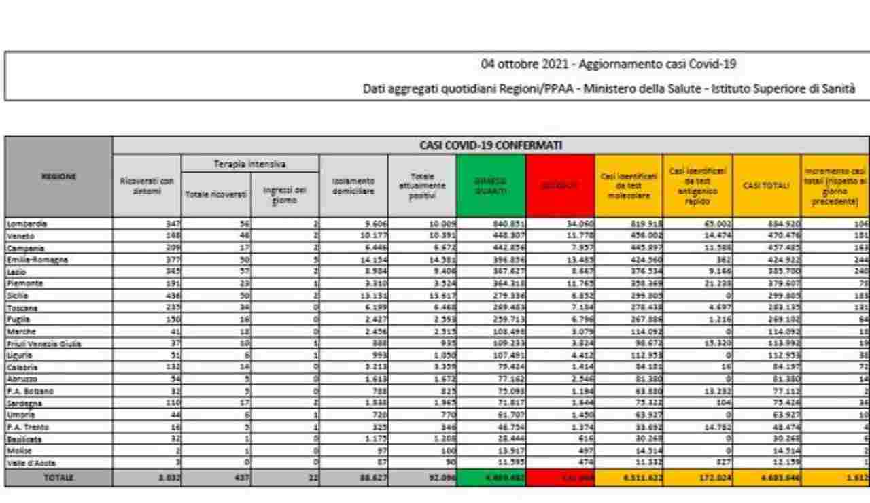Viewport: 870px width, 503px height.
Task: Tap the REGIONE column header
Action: tap(58, 175)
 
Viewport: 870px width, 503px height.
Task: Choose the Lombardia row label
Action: tap(24, 222)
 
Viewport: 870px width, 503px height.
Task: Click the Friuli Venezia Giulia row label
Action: tap(43, 345)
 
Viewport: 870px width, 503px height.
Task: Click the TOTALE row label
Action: tap(58, 478)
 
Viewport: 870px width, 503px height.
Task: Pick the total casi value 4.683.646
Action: tap(767, 478)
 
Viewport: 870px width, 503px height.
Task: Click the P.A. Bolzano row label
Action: tap(28, 392)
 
